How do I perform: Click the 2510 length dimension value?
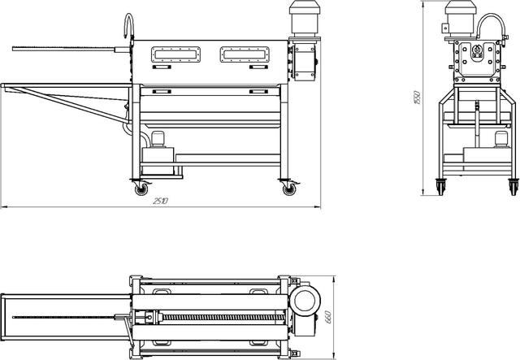click(x=161, y=201)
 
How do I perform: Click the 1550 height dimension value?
click(x=417, y=98)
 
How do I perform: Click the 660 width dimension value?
click(x=327, y=317)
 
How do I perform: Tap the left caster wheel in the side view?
click(x=141, y=189)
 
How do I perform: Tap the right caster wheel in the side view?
click(x=289, y=189)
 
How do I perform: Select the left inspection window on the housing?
click(x=175, y=54)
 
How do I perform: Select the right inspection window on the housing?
click(x=245, y=54)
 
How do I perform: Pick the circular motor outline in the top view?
click(x=305, y=301)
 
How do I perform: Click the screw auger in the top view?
click(x=224, y=317)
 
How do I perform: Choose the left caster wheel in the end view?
click(x=440, y=188)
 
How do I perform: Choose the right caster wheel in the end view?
click(x=513, y=188)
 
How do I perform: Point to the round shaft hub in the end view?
click(x=477, y=50)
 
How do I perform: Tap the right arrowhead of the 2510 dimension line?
click(x=318, y=207)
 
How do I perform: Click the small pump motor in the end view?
click(x=501, y=139)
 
